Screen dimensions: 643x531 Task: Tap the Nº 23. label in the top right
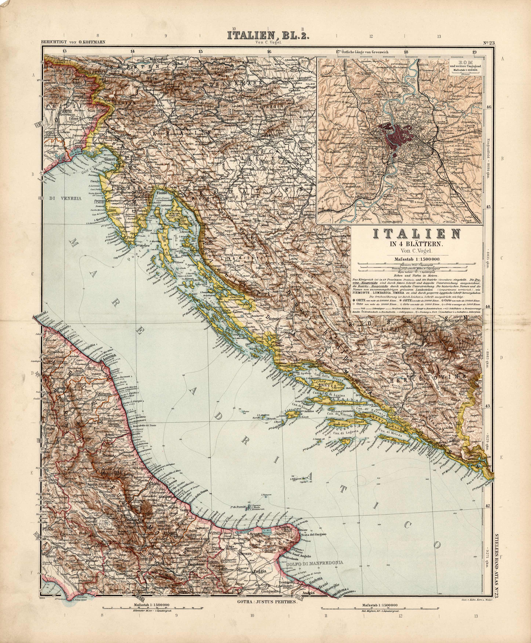pos(489,43)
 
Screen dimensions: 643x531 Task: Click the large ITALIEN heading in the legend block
pos(417,235)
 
